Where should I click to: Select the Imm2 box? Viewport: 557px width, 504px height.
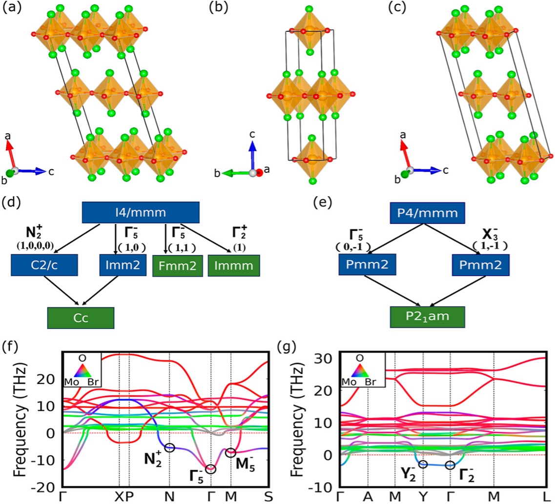[123, 265]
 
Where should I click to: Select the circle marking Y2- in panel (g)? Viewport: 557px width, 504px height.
[423, 464]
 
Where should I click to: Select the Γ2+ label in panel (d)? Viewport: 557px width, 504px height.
[239, 233]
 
